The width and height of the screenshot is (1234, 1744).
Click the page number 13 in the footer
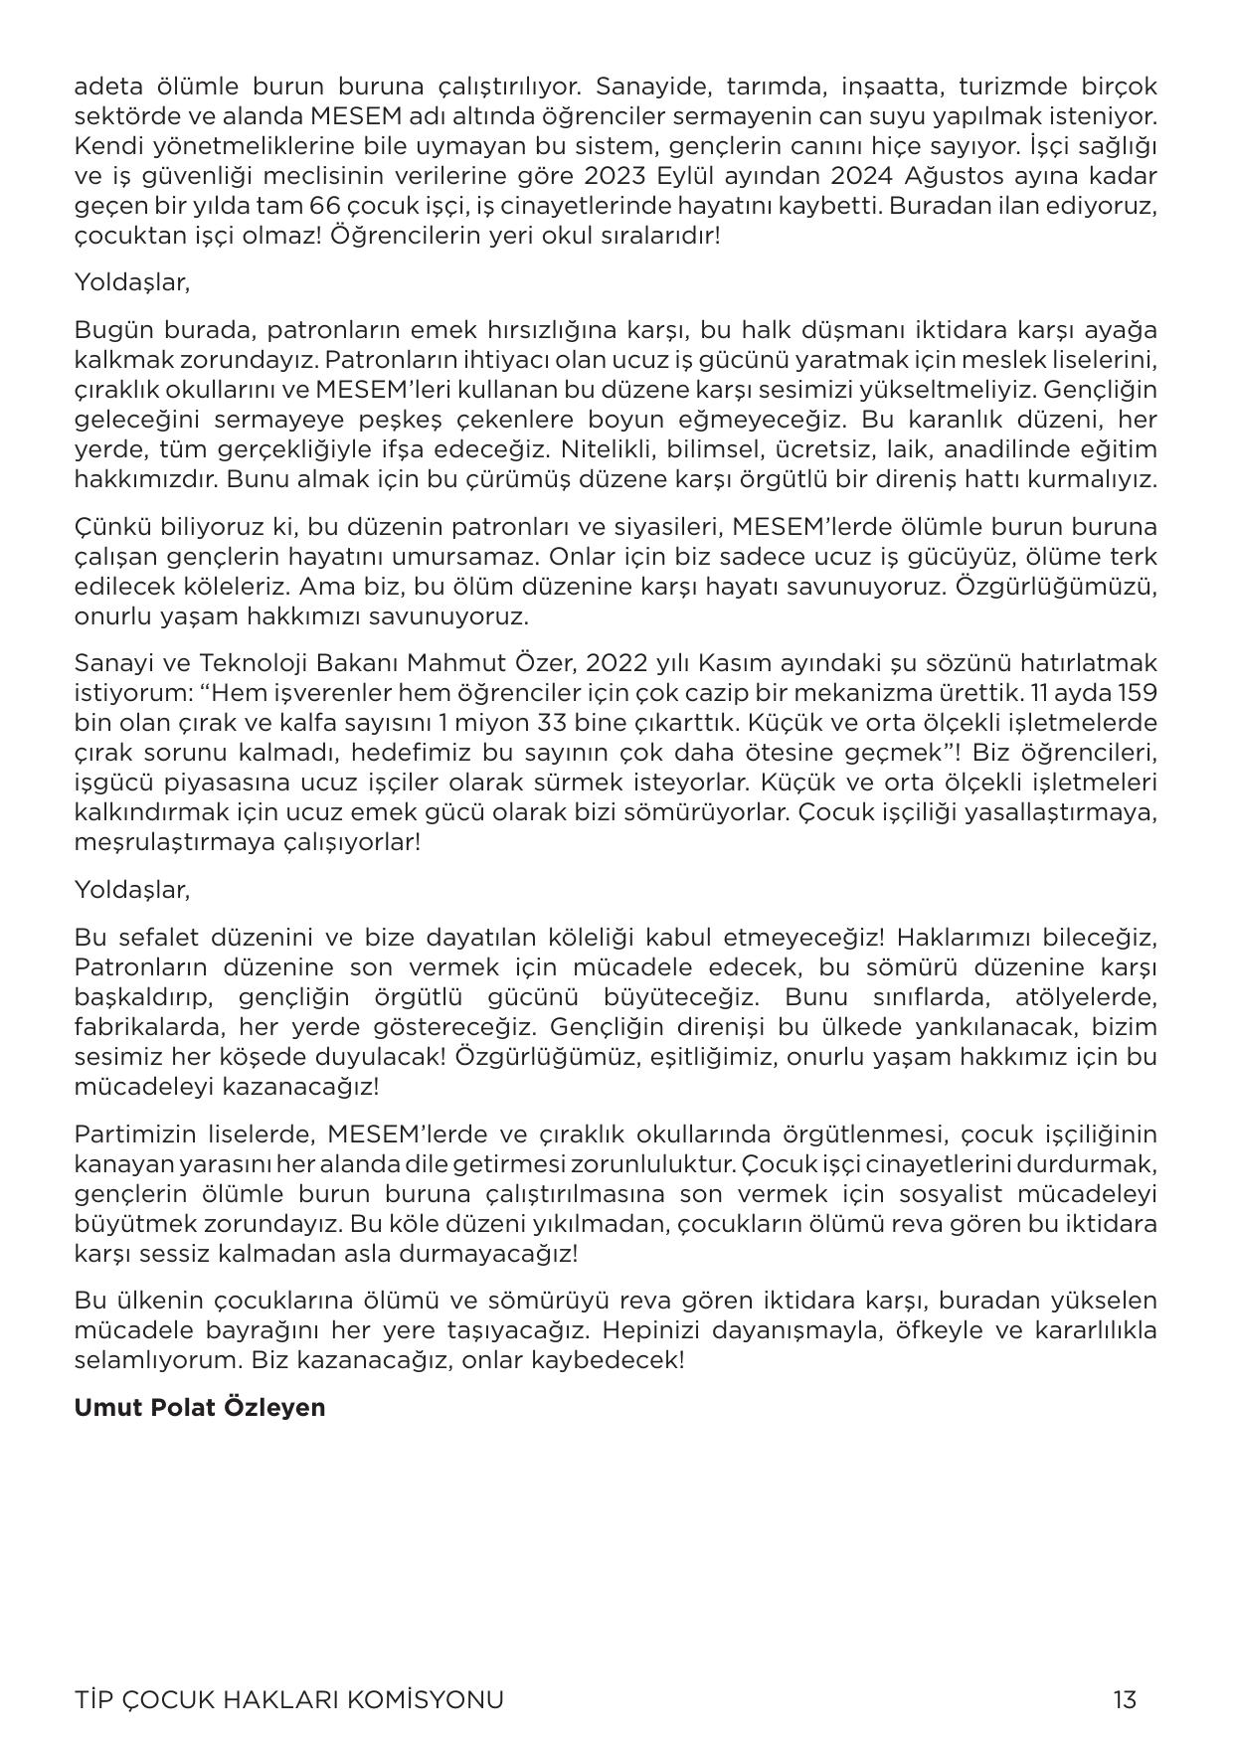(x=1125, y=1699)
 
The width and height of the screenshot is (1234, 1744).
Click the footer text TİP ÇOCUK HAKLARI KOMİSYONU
(x=288, y=1699)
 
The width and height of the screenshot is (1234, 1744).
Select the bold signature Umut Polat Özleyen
(x=200, y=1407)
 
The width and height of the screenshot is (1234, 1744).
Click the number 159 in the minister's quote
(x=1136, y=693)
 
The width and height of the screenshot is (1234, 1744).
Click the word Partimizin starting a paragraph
(x=124, y=1134)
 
